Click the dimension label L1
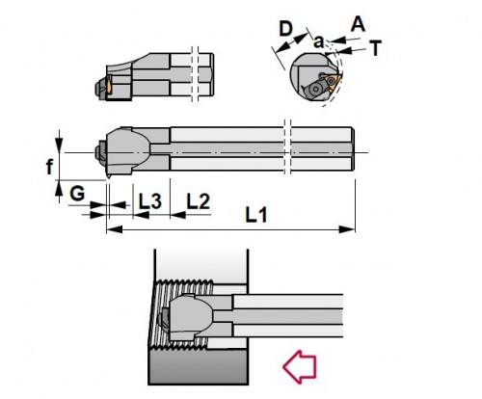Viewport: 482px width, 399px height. click(x=256, y=215)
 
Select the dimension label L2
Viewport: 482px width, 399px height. click(x=199, y=201)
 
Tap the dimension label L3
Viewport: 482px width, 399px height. click(x=149, y=201)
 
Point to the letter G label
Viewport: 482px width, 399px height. click(x=77, y=194)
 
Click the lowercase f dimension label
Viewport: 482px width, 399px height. click(x=49, y=167)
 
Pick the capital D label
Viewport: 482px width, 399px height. click(x=285, y=29)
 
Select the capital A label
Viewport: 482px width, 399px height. click(x=358, y=24)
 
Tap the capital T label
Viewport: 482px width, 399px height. click(x=375, y=48)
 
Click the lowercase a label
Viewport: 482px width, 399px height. click(x=318, y=42)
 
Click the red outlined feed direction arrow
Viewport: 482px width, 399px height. click(x=300, y=367)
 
